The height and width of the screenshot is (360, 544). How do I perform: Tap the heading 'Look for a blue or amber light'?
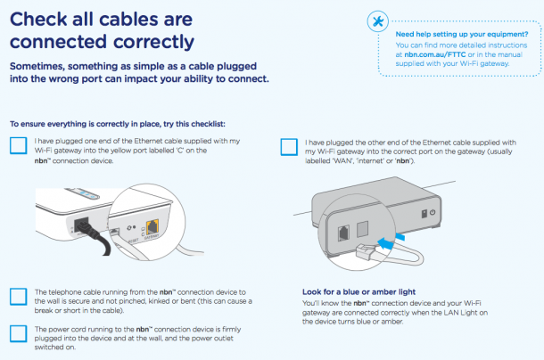tap(358, 292)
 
